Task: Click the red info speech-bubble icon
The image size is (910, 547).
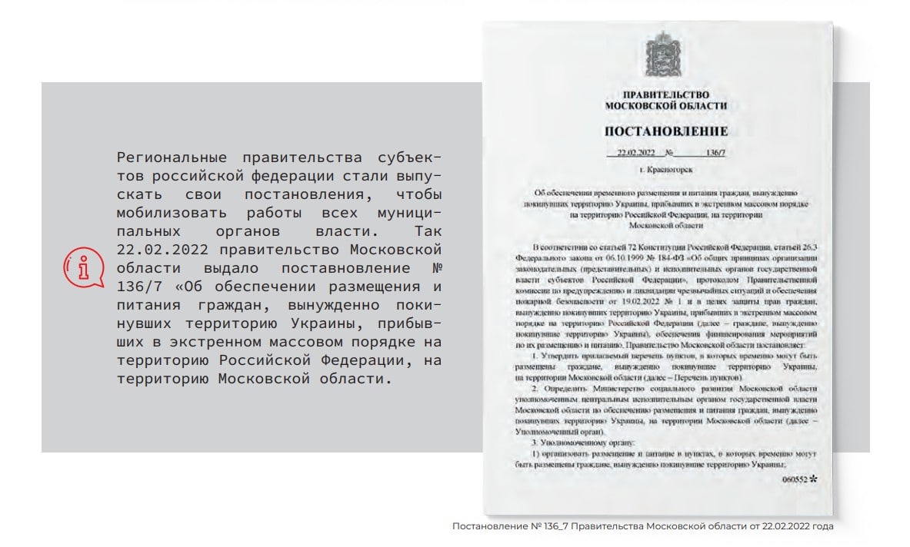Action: [82, 269]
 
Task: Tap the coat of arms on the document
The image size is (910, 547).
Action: [658, 53]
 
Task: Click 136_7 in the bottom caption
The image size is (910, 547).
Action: [550, 527]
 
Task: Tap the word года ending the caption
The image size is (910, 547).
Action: [821, 527]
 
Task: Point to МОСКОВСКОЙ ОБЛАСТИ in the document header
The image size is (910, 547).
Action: [665, 105]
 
